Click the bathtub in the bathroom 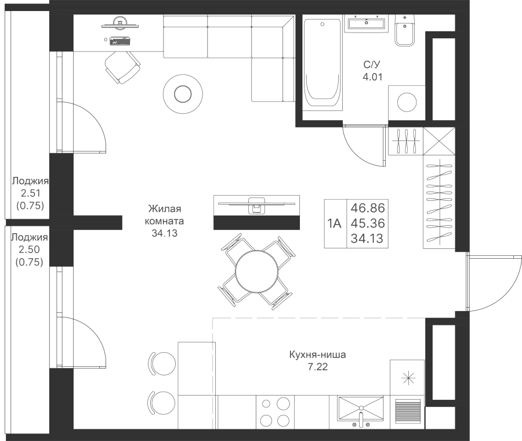click(322, 64)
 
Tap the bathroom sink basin click(366, 23)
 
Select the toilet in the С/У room click(405, 30)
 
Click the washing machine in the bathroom click(407, 103)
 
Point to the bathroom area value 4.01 click(372, 77)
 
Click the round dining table click(256, 272)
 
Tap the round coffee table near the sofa click(183, 94)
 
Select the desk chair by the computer click(123, 67)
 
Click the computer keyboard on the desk click(120, 41)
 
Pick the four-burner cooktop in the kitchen click(275, 412)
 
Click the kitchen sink click(361, 408)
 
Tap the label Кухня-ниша click(318, 355)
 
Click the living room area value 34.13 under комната click(165, 233)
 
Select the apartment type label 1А click(335, 223)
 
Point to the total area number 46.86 click(368, 208)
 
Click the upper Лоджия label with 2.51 click(30, 181)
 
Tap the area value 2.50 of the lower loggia click(30, 250)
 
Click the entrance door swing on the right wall click(494, 283)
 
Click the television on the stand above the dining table click(256, 203)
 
